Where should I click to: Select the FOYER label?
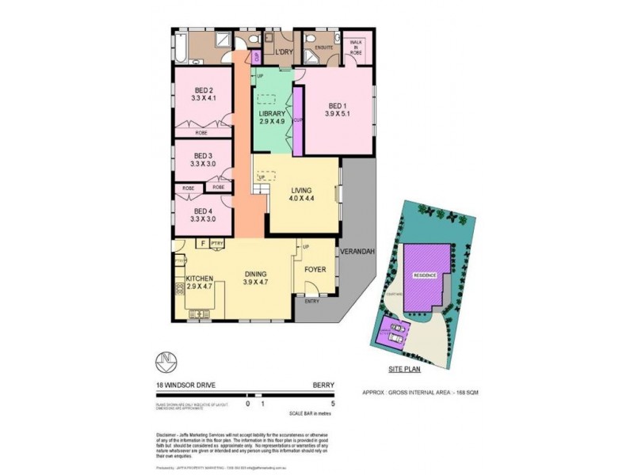(315, 267)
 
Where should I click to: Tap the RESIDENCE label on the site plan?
(424, 275)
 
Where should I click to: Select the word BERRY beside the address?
(323, 387)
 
